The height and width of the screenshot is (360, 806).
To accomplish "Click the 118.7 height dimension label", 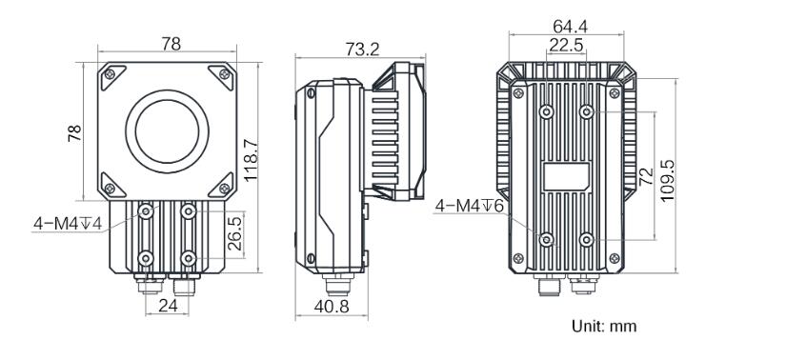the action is click(251, 159).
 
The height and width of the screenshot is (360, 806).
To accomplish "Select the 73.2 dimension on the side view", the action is click(362, 50).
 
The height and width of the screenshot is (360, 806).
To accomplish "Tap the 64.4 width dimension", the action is click(571, 26).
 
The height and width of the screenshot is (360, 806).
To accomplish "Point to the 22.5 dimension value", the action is click(567, 45).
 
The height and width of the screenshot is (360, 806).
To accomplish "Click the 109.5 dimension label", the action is click(667, 180).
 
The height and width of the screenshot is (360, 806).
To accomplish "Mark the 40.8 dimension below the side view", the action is click(332, 307).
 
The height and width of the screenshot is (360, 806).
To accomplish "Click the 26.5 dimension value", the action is click(235, 234).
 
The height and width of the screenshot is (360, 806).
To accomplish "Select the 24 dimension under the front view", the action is click(168, 306).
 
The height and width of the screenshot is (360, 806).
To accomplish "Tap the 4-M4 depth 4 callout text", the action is click(68, 224).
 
